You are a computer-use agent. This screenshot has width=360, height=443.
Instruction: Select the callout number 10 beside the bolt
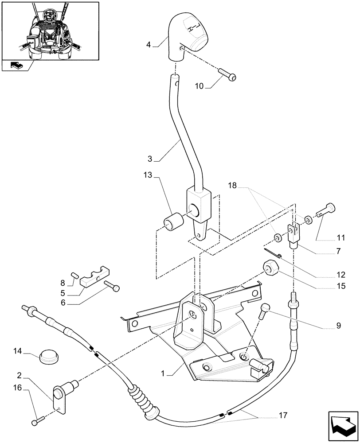pyautogui.click(x=199, y=86)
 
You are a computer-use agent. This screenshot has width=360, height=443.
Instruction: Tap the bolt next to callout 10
pyautogui.click(x=227, y=74)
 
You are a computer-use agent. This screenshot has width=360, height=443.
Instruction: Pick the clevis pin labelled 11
pyautogui.click(x=327, y=208)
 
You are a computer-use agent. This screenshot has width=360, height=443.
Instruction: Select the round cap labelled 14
pyautogui.click(x=48, y=356)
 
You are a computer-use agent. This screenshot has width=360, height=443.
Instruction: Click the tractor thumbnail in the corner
pyautogui.click(x=50, y=31)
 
